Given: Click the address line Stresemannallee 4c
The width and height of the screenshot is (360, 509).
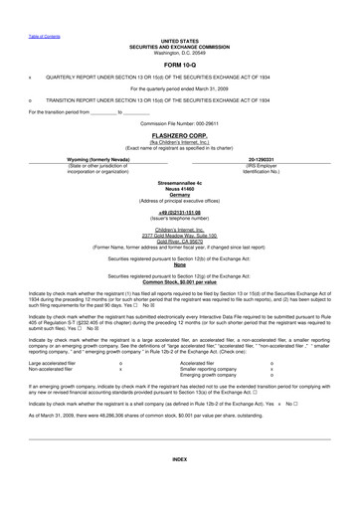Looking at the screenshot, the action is tap(179, 184).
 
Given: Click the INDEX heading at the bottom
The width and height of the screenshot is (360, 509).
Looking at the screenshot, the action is tap(179, 486).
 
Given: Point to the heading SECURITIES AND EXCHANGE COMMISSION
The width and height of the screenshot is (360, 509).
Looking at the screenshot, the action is tap(179, 19).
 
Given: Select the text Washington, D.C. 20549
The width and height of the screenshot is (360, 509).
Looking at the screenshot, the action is tap(179, 25).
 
